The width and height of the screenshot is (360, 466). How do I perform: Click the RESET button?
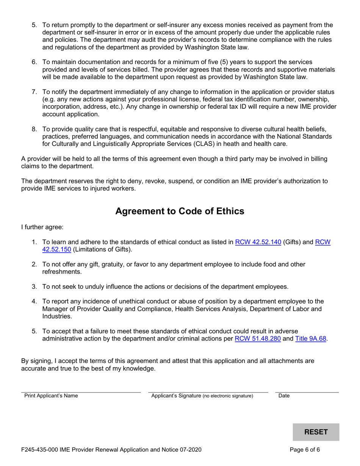pos(316,432)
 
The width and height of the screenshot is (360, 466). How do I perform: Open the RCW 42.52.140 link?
pos(258,242)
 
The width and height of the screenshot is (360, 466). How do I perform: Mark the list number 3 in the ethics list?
pos(34,287)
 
